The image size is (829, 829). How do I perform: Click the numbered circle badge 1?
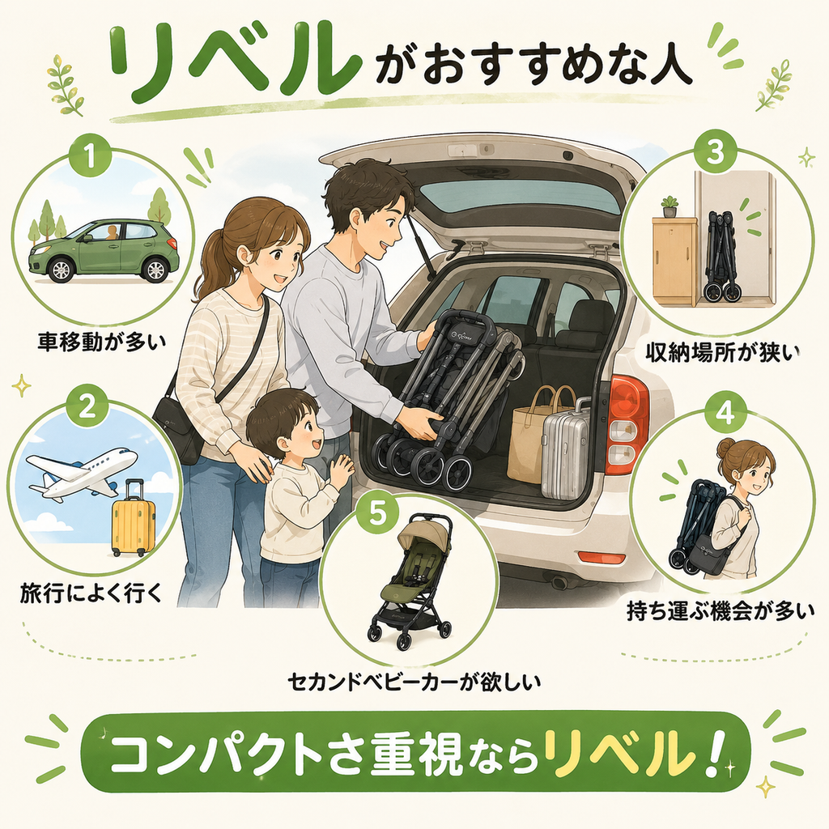point(91,156)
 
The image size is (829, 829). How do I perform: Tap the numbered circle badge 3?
point(715,152)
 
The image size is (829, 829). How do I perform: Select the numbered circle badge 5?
point(377,512)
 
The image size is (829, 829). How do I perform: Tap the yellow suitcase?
point(134,518)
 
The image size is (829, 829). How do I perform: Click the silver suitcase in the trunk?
point(564,448)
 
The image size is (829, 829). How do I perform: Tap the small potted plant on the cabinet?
point(670,206)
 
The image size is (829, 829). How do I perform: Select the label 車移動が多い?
point(102,342)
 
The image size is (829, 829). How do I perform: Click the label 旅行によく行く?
point(91,594)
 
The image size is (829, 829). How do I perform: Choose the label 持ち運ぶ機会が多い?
point(720,612)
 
